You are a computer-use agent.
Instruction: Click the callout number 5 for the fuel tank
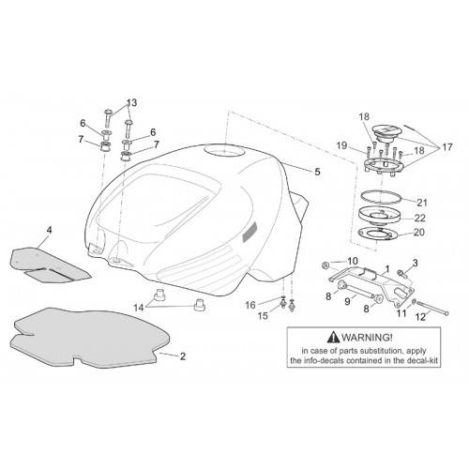coord(317,172)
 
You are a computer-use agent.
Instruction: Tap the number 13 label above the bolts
coord(131,102)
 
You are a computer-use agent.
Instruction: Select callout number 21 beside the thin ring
coord(422,203)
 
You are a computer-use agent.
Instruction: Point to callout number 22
coord(420,218)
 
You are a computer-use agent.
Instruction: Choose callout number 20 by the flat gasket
coord(419,233)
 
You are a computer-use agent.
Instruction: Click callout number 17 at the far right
coord(447,146)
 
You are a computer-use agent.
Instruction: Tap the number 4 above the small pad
coord(49,230)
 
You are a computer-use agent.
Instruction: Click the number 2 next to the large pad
coord(183,356)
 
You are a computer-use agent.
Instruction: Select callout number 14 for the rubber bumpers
coord(139,308)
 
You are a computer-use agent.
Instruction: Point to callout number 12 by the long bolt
coord(421,317)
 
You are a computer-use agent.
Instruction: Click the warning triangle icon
coord(333,337)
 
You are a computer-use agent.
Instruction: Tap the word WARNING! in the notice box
coord(367,338)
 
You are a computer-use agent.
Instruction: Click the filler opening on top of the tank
coord(224,151)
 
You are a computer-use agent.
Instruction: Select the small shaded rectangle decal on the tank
coord(250,232)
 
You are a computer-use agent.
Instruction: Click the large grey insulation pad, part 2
coord(91,338)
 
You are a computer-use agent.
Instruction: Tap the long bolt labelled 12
coord(432,308)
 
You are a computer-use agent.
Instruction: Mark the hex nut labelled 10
coord(325,265)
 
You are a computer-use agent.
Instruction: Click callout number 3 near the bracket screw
coord(415,263)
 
